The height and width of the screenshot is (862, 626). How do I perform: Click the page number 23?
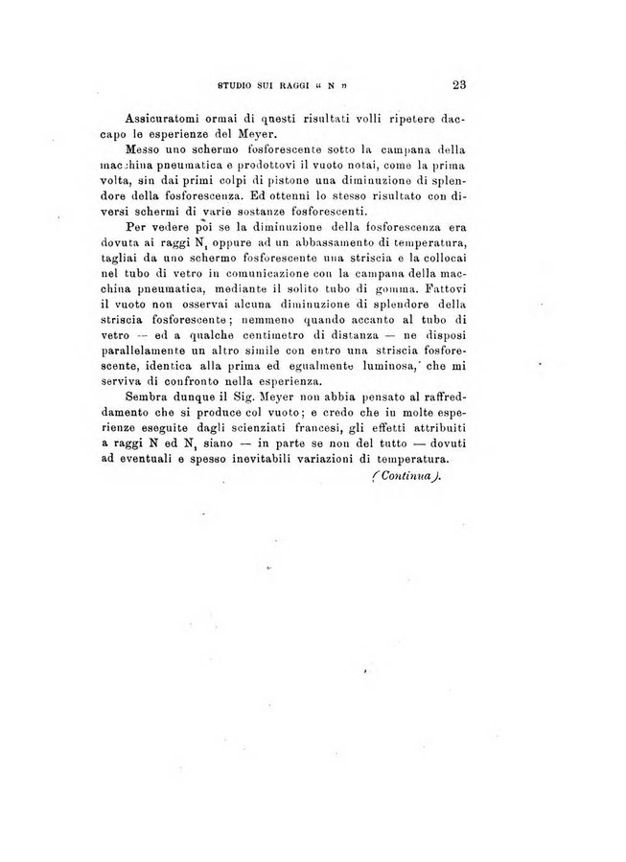pyautogui.click(x=457, y=83)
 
